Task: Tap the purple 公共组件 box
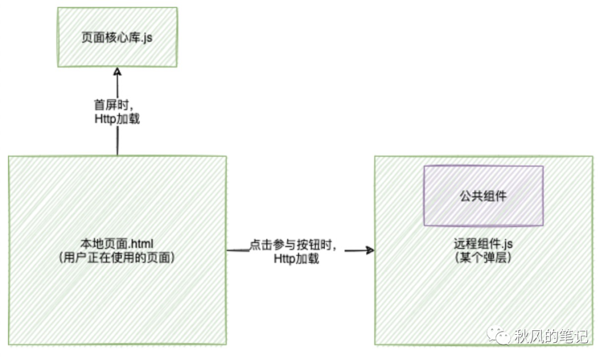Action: (x=484, y=195)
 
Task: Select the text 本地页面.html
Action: (x=117, y=244)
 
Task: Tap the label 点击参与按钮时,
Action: (x=293, y=246)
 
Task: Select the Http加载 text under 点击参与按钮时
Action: (x=296, y=259)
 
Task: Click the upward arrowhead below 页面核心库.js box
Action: (x=117, y=72)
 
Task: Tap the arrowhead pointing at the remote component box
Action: (x=370, y=250)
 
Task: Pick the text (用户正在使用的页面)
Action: (x=117, y=258)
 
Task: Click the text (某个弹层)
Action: (x=483, y=259)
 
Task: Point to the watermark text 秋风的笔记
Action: (x=552, y=337)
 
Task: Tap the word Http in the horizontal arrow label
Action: (x=284, y=259)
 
